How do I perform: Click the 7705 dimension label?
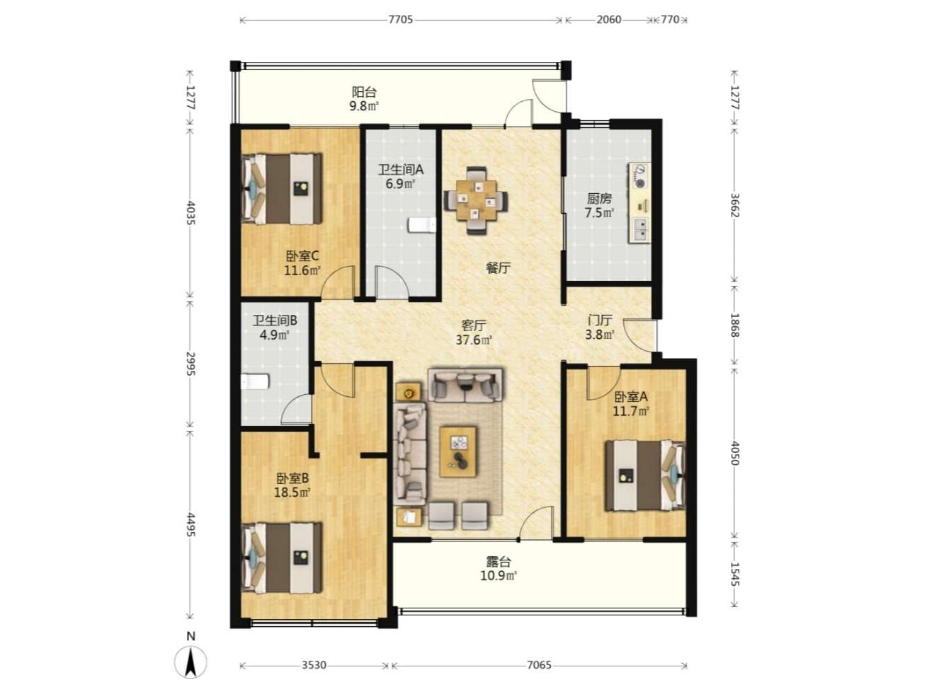click(x=400, y=20)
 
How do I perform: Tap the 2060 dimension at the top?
click(x=608, y=20)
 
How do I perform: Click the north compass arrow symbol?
click(x=190, y=662)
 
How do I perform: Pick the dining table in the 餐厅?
click(x=477, y=200)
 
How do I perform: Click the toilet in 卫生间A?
click(x=421, y=225)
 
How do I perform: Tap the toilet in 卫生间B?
click(x=255, y=382)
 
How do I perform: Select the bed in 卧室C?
click(x=282, y=189)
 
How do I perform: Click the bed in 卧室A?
click(x=645, y=475)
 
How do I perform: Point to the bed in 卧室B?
click(x=282, y=558)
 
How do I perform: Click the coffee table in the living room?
click(x=457, y=451)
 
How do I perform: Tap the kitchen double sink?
click(x=640, y=230)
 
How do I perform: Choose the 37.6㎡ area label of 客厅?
click(x=474, y=340)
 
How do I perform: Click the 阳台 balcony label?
click(x=364, y=92)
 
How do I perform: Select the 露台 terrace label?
click(x=499, y=561)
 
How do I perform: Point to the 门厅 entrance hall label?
click(x=599, y=321)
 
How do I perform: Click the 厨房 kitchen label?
click(x=599, y=198)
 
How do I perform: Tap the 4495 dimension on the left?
click(x=190, y=525)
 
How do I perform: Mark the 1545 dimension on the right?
click(x=734, y=574)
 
